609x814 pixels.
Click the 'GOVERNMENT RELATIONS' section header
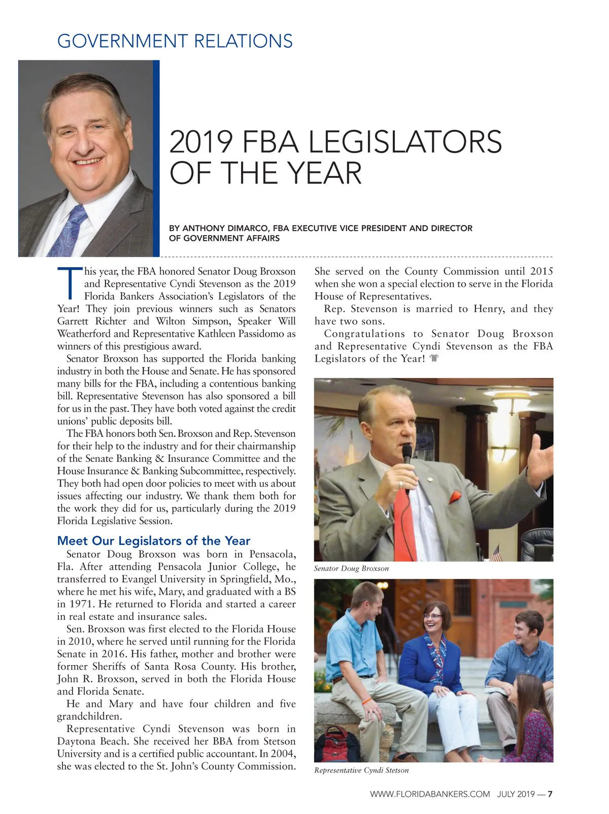[x=175, y=41]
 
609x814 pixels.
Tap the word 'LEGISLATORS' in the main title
[x=405, y=142]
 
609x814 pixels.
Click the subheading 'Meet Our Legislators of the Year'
[x=154, y=541]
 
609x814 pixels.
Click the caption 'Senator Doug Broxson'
[x=351, y=569]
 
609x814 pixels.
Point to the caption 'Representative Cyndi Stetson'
[x=361, y=770]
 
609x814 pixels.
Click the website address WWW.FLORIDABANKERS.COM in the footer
[x=430, y=794]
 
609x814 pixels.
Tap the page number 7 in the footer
[x=550, y=794]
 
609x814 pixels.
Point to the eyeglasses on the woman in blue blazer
[x=432, y=616]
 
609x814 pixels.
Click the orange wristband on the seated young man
[x=366, y=702]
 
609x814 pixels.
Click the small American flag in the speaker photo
[x=496, y=553]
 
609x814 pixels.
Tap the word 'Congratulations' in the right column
[x=364, y=334]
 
